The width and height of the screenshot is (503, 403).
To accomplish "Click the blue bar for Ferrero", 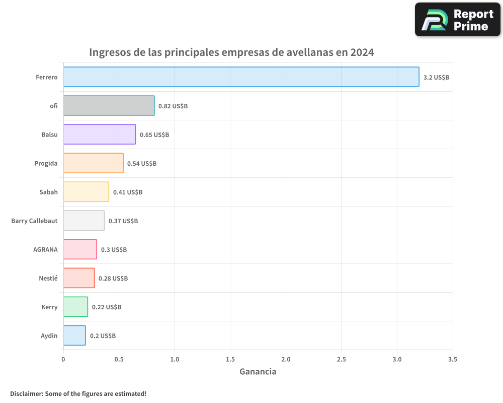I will point(241,77).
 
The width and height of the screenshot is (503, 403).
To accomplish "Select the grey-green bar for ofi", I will point(109,106).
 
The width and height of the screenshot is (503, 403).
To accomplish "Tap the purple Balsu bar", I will point(99,135).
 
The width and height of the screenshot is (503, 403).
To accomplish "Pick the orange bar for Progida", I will point(93,163).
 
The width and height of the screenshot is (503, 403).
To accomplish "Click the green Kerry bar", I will point(75,307).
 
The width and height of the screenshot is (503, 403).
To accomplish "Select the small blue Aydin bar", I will point(74,335).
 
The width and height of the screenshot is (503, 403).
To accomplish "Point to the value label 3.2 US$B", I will point(436,78).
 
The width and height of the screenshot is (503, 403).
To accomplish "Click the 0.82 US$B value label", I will point(173,106).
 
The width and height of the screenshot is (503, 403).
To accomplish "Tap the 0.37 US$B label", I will point(123,221).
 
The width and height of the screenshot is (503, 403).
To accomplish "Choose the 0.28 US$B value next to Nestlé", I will point(113,279).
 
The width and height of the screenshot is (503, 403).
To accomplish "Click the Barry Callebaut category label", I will point(34,221).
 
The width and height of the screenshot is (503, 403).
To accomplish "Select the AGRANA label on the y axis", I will point(45,249).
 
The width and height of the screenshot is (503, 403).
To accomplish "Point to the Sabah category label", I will point(48,192).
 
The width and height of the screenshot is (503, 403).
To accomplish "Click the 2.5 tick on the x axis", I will point(342,360).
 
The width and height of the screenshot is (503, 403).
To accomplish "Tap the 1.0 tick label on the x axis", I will point(175,360).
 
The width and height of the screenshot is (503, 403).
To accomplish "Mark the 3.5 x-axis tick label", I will point(453,360).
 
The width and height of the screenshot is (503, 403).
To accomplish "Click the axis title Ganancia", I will point(258,372).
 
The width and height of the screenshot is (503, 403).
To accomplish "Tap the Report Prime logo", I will point(458,20).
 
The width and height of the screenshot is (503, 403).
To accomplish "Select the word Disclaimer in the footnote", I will point(26,393).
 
